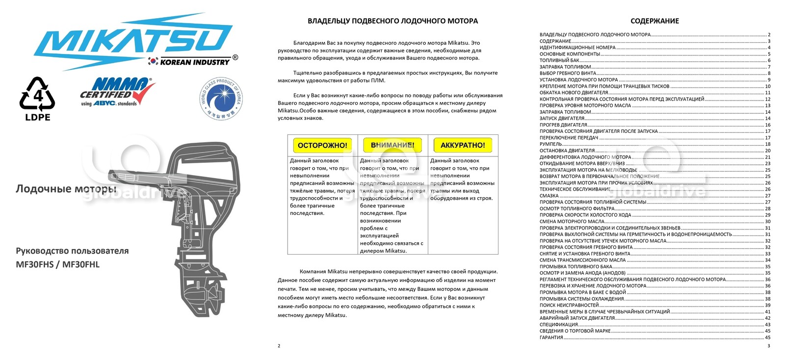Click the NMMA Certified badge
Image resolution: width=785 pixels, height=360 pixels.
117,92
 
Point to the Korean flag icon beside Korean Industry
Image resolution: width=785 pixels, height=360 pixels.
153,61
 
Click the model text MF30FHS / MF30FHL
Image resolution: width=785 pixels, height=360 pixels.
57,264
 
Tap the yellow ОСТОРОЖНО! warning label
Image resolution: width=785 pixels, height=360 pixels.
322,145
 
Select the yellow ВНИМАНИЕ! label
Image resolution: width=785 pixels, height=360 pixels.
392,145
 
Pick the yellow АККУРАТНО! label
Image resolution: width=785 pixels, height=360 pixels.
463,145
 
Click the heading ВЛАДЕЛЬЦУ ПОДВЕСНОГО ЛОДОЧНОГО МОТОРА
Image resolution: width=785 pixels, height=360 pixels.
392,21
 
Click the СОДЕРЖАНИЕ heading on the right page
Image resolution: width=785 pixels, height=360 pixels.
654,21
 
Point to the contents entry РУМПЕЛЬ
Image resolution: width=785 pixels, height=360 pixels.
550,144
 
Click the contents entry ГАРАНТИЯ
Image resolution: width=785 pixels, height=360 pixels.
551,337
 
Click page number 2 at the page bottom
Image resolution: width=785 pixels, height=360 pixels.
279,346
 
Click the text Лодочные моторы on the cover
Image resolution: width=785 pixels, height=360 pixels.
66,189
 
